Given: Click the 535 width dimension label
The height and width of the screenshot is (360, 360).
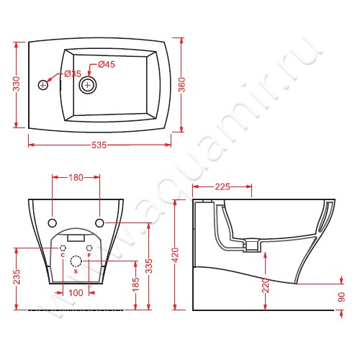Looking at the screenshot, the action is (99, 145).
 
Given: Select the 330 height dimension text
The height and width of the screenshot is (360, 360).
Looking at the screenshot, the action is (17, 84).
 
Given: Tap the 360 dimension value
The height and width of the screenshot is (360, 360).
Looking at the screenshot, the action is (181, 85).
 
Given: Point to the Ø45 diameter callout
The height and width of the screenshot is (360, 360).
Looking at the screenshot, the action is (107, 64).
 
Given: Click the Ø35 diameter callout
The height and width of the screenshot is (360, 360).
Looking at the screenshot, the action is (73, 73).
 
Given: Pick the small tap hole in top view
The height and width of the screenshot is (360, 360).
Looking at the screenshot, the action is (43, 85).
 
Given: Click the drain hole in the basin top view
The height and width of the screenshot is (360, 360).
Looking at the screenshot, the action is (88, 85).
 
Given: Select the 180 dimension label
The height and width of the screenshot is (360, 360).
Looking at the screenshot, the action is (76, 178).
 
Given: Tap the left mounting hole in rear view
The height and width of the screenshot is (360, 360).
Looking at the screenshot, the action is (53, 223).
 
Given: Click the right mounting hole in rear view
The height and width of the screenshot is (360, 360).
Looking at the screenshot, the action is (99, 223).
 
